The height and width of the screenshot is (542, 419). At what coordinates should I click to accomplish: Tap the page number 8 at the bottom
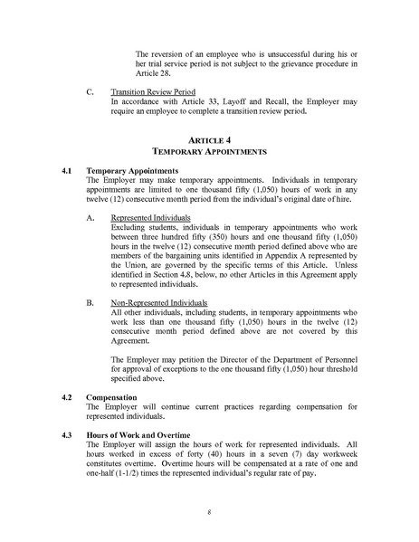(x=209, y=511)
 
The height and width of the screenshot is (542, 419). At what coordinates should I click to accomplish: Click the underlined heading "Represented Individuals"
(x=145, y=218)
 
